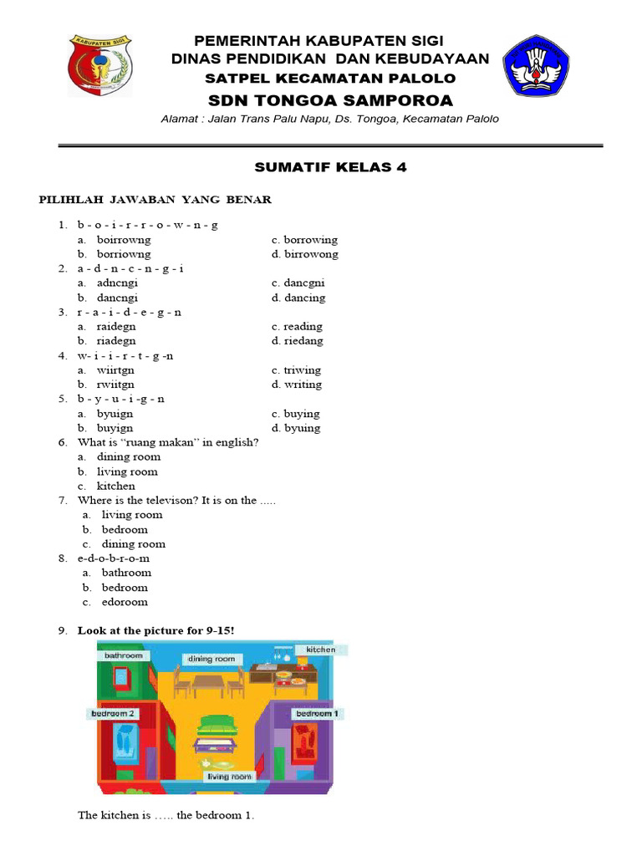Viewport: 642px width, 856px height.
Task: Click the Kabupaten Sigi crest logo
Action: (x=99, y=65)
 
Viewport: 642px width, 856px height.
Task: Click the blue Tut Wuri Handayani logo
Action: (x=536, y=65)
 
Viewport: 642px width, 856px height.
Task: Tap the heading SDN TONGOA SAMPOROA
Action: (x=330, y=101)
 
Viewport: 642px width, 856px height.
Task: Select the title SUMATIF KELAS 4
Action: (x=330, y=167)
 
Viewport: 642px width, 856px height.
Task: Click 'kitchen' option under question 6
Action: (x=115, y=486)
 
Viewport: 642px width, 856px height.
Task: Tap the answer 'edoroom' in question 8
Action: (x=125, y=602)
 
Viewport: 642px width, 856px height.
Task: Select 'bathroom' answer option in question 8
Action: (x=126, y=573)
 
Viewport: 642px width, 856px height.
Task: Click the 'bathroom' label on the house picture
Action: (x=125, y=656)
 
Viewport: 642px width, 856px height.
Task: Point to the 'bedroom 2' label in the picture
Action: (x=113, y=714)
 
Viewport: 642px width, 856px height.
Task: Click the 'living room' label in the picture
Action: (x=229, y=777)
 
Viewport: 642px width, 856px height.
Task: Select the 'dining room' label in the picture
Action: (x=211, y=659)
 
